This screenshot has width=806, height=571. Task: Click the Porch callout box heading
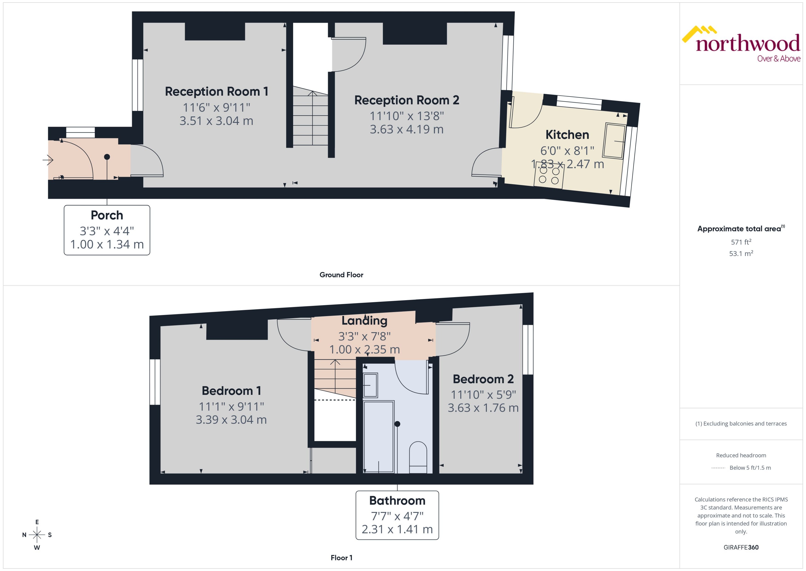[x=107, y=215]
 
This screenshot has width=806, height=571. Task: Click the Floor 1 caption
[x=341, y=558]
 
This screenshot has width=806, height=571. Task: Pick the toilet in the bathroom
[x=418, y=457]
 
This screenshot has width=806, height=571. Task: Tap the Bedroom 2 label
[x=483, y=379]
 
